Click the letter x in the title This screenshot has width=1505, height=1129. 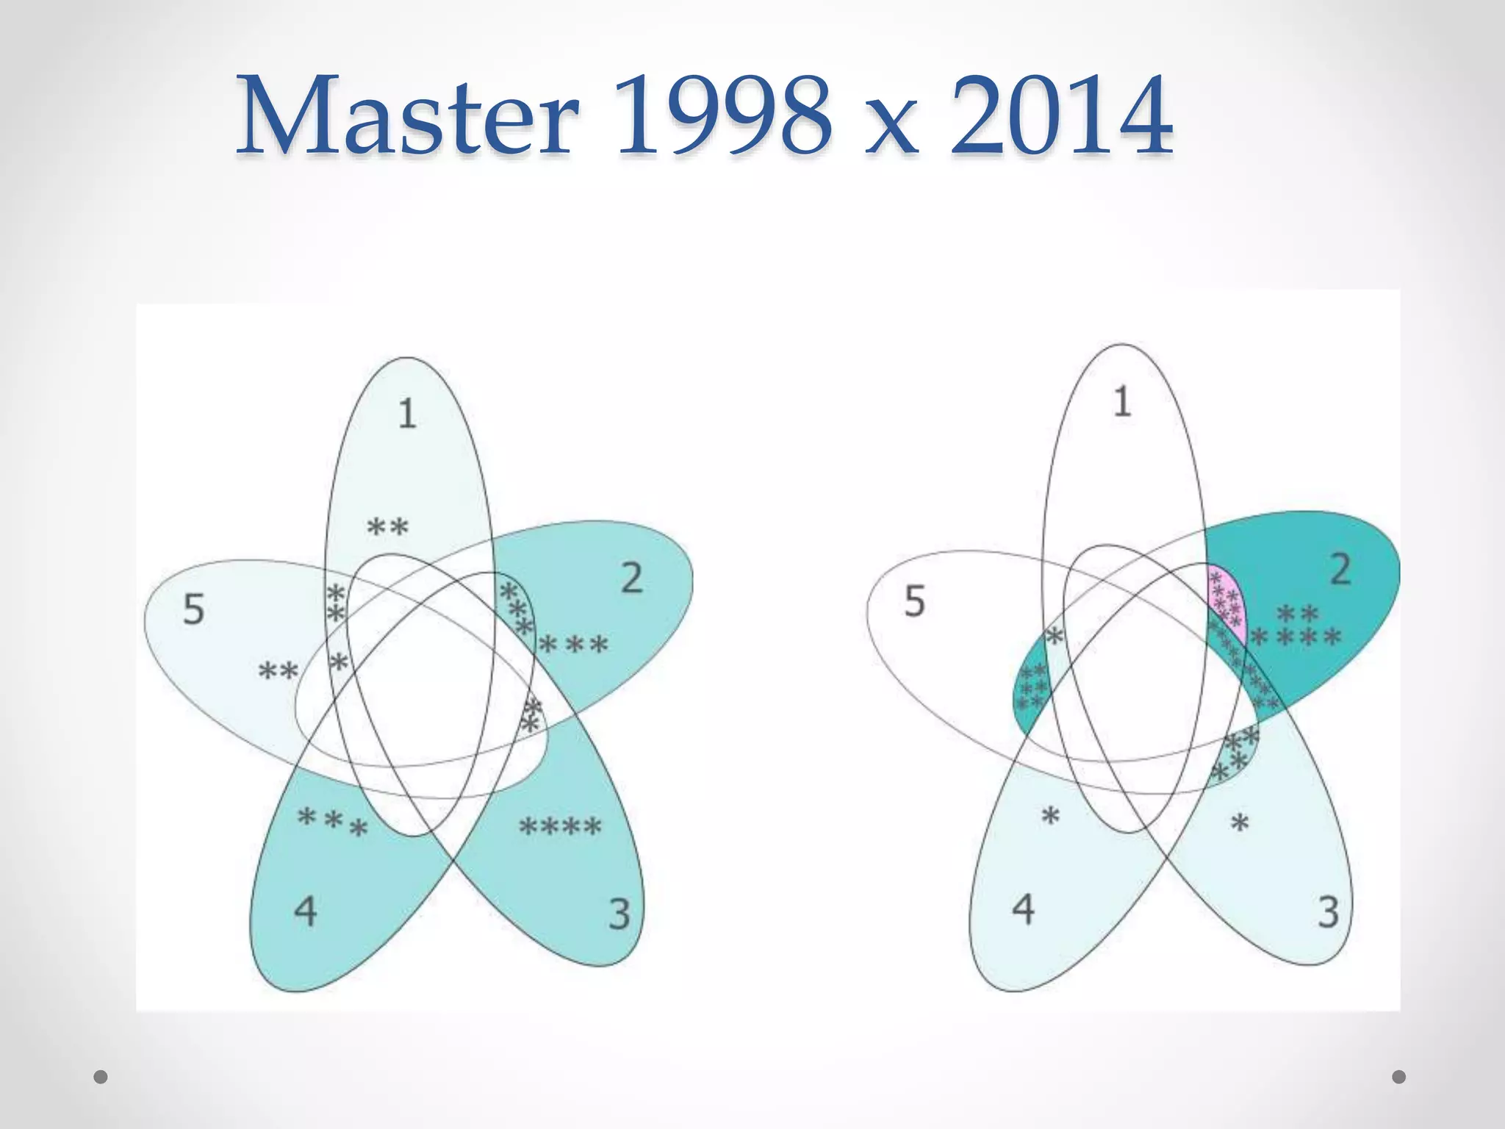891,129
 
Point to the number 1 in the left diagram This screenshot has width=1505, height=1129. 407,413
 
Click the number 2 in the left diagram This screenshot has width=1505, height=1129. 631,578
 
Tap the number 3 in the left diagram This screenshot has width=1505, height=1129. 619,914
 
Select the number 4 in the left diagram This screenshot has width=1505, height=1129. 305,911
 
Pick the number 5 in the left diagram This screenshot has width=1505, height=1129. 193,609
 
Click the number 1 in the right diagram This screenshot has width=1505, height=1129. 1121,402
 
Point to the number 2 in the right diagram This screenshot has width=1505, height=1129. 1340,569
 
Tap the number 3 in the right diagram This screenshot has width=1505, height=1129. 1328,912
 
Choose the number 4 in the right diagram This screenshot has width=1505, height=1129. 1023,908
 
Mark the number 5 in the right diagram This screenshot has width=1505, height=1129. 914,601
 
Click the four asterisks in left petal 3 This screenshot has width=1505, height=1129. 560,827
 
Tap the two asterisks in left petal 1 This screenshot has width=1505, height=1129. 387,527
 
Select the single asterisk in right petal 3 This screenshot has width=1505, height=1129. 1240,823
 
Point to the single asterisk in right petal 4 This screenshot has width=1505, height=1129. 1051,816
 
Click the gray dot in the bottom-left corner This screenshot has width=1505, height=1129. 101,1077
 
